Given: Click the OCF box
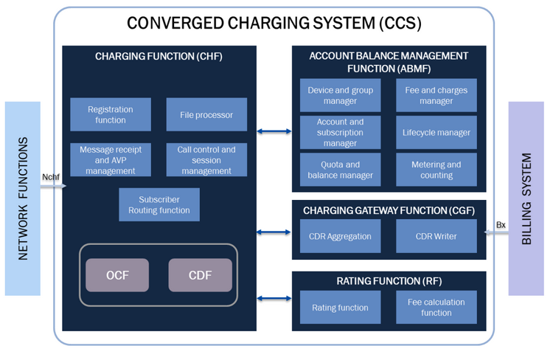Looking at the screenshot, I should pyautogui.click(x=117, y=275).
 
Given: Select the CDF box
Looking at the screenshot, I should pyautogui.click(x=200, y=275).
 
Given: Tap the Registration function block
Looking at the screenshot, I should pyautogui.click(x=111, y=114).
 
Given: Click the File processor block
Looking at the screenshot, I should pyautogui.click(x=206, y=115).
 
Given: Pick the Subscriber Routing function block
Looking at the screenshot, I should pyautogui.click(x=159, y=204).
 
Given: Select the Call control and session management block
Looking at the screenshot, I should pyautogui.click(x=206, y=160).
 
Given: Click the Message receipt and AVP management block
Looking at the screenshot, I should pyautogui.click(x=111, y=160).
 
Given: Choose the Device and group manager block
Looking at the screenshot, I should pyautogui.click(x=340, y=95).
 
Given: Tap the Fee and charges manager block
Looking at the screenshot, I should pyautogui.click(x=436, y=95).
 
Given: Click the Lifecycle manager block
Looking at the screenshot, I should pyautogui.click(x=436, y=133).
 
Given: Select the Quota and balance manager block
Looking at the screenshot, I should pyautogui.click(x=340, y=170).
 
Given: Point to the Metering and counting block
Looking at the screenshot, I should pyautogui.click(x=436, y=170).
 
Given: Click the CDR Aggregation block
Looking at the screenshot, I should pyautogui.click(x=340, y=237).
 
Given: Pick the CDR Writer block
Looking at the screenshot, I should pyautogui.click(x=436, y=237).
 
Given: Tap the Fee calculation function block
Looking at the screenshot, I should pyautogui.click(x=436, y=308).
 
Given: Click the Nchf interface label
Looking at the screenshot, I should pyautogui.click(x=50, y=177).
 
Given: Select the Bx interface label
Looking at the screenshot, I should pyautogui.click(x=501, y=224).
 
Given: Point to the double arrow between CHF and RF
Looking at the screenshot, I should pyautogui.click(x=274, y=299).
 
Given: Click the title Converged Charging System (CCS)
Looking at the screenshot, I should pyautogui.click(x=274, y=23).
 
